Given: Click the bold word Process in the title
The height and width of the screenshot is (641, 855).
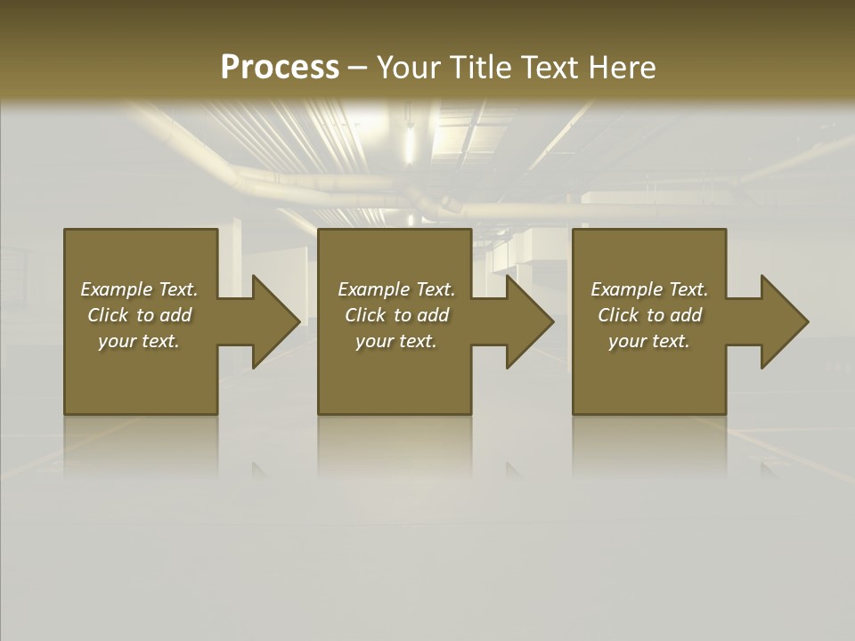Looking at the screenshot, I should [x=280, y=68].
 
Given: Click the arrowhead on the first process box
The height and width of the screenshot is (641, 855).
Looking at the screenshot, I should [x=273, y=321].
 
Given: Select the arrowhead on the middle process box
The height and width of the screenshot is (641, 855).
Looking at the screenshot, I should [x=526, y=321].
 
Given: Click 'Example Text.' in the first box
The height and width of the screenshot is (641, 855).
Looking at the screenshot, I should [x=139, y=289].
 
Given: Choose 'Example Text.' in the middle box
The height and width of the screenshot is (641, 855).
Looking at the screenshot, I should [x=396, y=289].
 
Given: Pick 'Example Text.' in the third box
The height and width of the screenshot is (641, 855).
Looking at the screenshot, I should [x=649, y=289].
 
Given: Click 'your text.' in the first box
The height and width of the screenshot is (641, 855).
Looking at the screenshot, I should [x=139, y=341].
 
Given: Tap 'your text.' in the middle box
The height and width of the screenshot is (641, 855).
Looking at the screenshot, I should [x=396, y=341].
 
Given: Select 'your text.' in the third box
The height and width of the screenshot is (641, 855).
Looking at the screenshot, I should [x=649, y=341].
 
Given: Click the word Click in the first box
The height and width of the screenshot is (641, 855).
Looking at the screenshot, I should [x=108, y=315].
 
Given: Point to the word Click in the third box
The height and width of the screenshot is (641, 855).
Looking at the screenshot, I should [x=618, y=315].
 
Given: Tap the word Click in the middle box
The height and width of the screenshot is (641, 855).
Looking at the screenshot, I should [x=365, y=315].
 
